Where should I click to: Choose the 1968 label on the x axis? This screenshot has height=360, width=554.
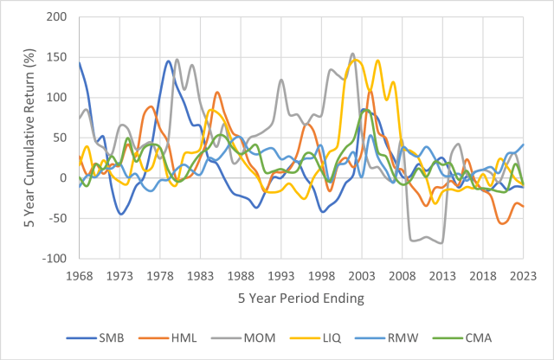click(81, 274)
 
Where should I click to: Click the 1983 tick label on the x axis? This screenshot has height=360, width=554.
click(202, 274)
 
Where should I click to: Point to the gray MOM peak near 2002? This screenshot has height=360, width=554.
click(351, 54)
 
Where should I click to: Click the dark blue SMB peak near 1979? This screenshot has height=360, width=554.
click(168, 61)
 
